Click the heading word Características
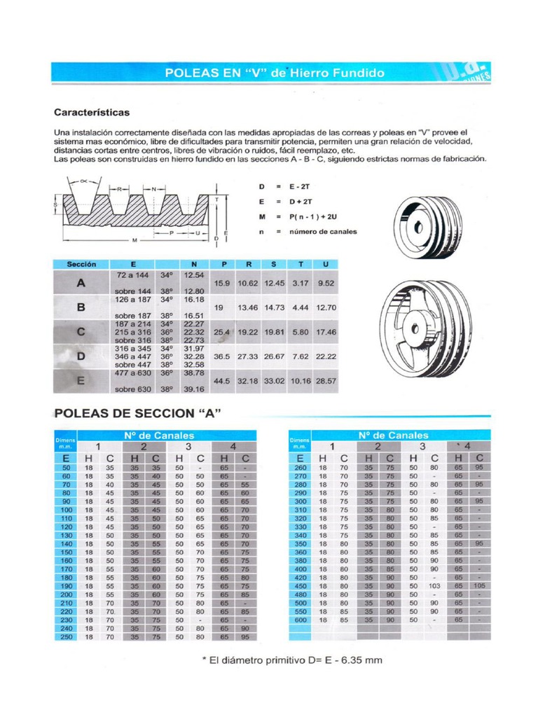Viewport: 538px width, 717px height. tap(92, 112)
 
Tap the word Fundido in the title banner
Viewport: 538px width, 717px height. tap(359, 73)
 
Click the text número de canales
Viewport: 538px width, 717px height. tap(324, 232)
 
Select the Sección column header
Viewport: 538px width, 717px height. tap(81, 264)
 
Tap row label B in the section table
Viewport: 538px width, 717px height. tap(81, 307)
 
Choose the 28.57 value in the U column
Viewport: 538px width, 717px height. tap(326, 381)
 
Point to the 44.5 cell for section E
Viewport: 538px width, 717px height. tap(222, 381)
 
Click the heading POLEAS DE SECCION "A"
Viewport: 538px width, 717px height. tap(138, 413)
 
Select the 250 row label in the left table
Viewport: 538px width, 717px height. tap(67, 636)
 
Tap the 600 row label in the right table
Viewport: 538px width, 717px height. tap(301, 620)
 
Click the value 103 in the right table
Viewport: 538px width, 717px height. tap(434, 586)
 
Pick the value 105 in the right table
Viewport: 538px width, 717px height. tap(479, 586)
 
